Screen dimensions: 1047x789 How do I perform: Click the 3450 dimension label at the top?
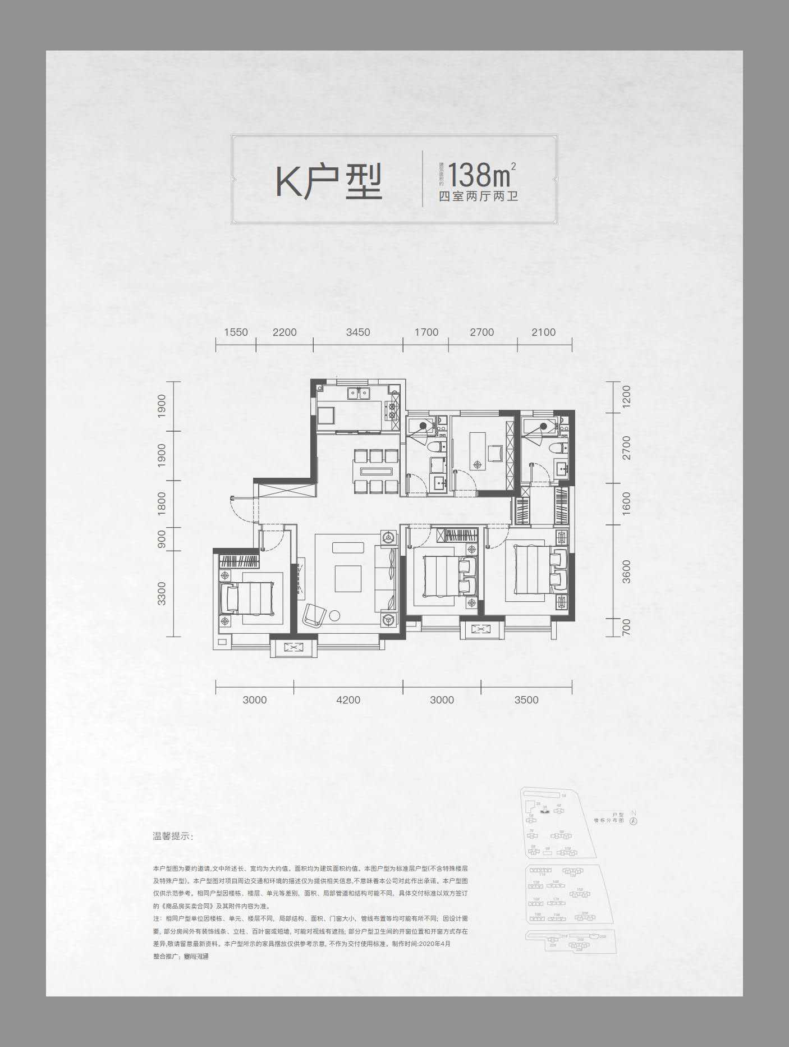[358, 332]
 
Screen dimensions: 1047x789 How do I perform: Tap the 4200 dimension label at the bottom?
[348, 700]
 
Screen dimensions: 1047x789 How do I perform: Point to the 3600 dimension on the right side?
[626, 571]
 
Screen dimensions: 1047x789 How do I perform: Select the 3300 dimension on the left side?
[162, 593]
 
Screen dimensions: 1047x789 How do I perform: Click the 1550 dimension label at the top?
[236, 332]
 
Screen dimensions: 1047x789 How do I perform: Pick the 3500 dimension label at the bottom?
[526, 700]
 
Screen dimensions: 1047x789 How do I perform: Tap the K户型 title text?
[329, 181]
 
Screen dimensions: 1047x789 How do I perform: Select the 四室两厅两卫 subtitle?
[478, 197]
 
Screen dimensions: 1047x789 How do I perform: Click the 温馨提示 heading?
[173, 836]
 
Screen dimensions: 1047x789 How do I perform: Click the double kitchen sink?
[357, 393]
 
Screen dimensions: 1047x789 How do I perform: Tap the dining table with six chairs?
[375, 470]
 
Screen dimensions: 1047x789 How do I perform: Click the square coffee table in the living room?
[348, 578]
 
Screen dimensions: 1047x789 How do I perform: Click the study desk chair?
[495, 452]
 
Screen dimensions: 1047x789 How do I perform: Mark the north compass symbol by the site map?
[634, 820]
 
